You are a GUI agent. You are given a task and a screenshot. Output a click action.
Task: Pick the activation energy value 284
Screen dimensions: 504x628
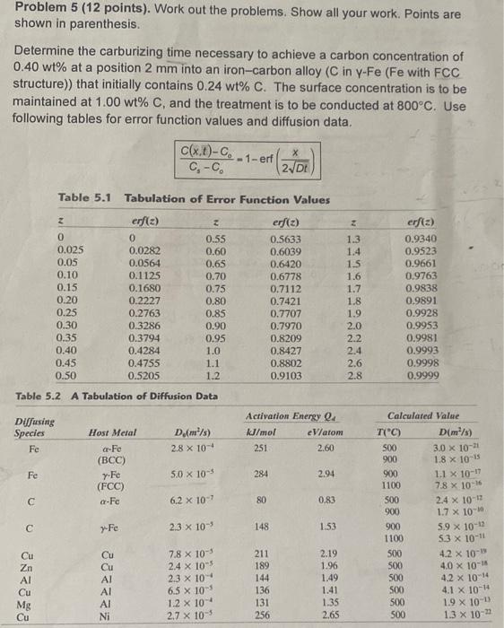[263, 471]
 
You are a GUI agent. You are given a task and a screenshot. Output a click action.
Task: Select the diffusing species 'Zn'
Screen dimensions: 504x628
[28, 567]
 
